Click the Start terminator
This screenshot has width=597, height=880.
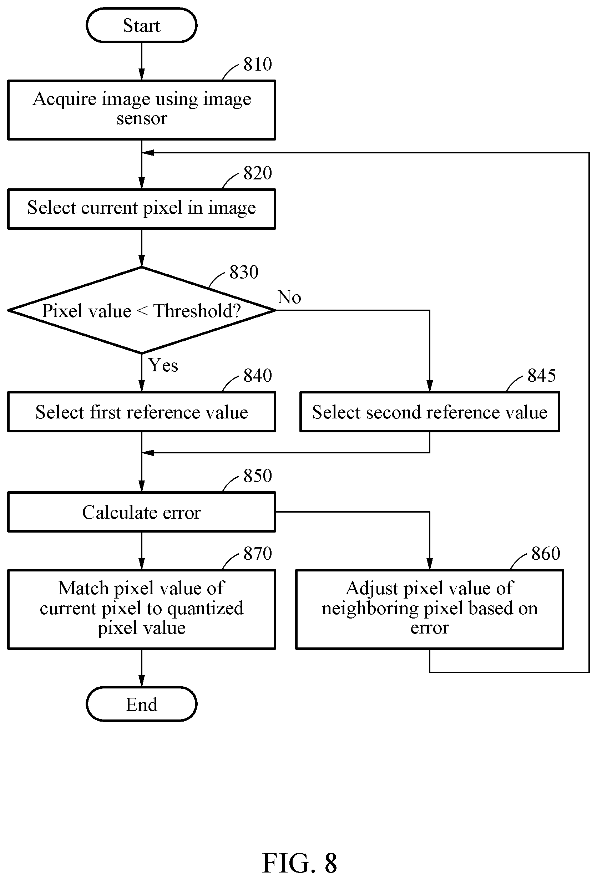pyautogui.click(x=141, y=25)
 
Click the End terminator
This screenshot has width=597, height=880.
pyautogui.click(x=141, y=704)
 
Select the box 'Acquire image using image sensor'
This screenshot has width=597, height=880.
pyautogui.click(x=141, y=110)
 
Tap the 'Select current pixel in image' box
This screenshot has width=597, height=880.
pyautogui.click(x=141, y=209)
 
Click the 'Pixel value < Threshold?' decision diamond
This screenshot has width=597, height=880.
pyautogui.click(x=141, y=310)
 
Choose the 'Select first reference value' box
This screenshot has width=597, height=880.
pyautogui.click(x=141, y=412)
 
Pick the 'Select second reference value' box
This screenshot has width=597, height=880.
pyautogui.click(x=430, y=412)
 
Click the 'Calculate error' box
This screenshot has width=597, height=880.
pyautogui.click(x=141, y=512)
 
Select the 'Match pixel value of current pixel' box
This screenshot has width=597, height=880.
pyautogui.click(x=141, y=609)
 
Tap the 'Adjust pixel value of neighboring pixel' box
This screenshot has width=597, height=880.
pyautogui.click(x=430, y=609)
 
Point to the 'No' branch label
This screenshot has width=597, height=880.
pyautogui.click(x=289, y=297)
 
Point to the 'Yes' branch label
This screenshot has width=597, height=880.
pyautogui.click(x=163, y=365)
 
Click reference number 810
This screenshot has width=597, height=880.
pyautogui.click(x=258, y=64)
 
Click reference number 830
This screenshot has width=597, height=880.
pyautogui.click(x=244, y=272)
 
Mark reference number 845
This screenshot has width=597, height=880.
pyautogui.click(x=542, y=376)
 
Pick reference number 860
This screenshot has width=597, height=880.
pyautogui.click(x=546, y=554)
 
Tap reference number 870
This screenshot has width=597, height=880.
pyautogui.click(x=258, y=554)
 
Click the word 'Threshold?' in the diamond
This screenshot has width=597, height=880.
pyautogui.click(x=197, y=311)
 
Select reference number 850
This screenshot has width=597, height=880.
pyautogui.click(x=258, y=476)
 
